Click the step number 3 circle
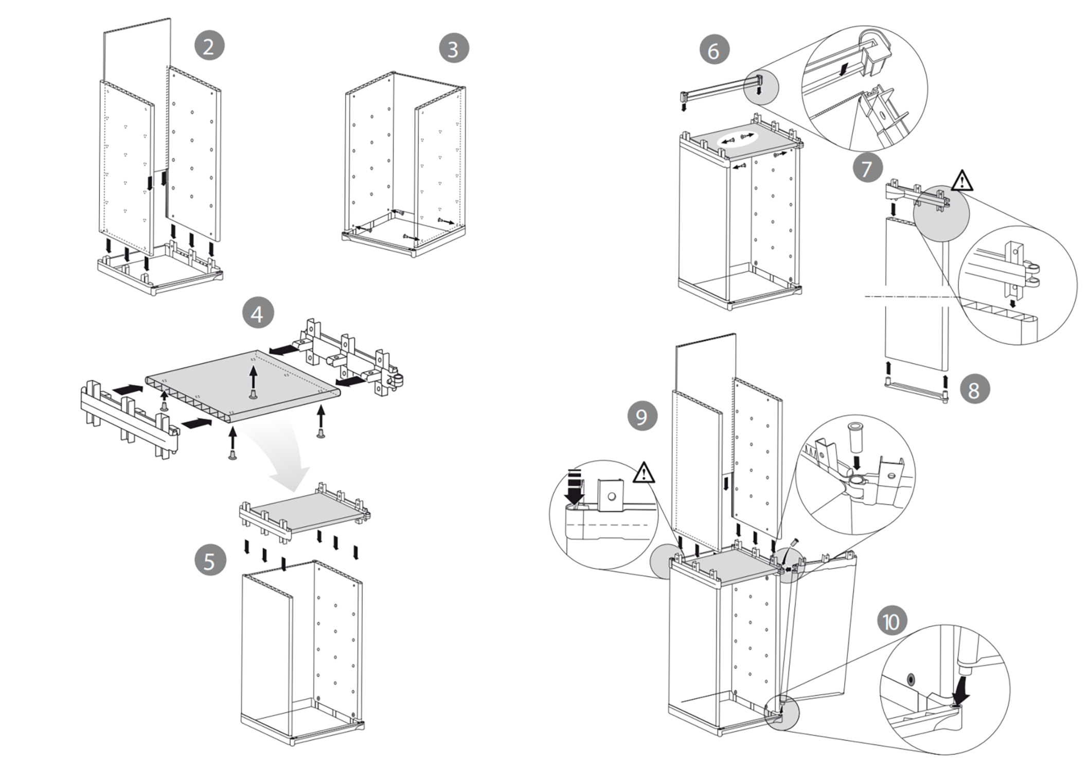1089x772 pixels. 453,48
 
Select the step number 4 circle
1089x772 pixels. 258,313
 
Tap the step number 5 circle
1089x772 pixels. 210,560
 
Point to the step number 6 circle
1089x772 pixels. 714,50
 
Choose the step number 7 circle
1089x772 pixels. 867,168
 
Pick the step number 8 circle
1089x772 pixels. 974,390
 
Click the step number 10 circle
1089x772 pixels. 891,621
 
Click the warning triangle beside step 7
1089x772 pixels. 962,181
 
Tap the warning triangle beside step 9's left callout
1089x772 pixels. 644,473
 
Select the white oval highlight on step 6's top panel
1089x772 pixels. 736,138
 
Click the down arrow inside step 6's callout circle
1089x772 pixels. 842,69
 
